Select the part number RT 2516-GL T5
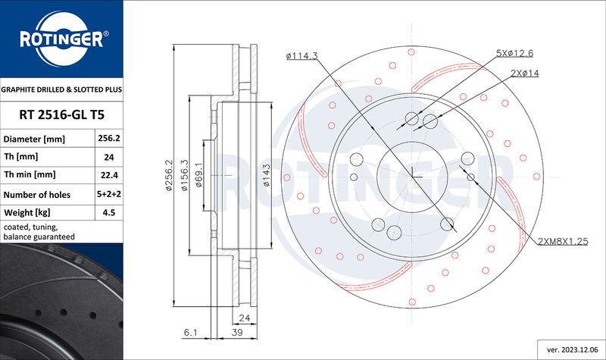(61, 115)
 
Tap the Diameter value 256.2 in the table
(109, 138)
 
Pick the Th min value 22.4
(109, 175)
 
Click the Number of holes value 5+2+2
(109, 194)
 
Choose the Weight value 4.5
(109, 212)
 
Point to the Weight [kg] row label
(27, 212)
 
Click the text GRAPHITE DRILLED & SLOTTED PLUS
(61, 89)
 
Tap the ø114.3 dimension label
(301, 56)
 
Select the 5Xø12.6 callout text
(514, 53)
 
